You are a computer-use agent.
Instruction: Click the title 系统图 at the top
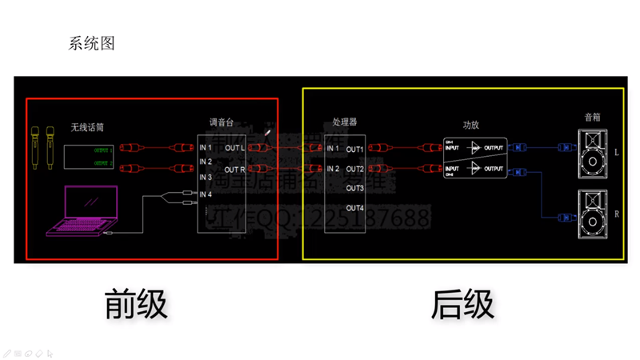(92, 43)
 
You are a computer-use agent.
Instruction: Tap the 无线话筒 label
(87, 126)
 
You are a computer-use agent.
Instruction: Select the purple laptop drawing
(82, 210)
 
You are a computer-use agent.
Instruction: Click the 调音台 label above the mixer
(220, 122)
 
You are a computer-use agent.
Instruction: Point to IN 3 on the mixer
(206, 177)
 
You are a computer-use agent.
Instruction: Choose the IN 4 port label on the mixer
(206, 194)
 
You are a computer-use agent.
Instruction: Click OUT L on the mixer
(235, 148)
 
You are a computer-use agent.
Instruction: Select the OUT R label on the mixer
(235, 170)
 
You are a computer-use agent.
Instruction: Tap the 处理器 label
(344, 122)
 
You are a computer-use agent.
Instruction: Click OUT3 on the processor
(355, 188)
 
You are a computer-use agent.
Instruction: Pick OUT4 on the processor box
(355, 208)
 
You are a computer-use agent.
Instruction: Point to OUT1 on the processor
(355, 149)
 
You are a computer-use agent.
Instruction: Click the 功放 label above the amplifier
(471, 126)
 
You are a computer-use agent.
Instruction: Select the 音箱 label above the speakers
(592, 117)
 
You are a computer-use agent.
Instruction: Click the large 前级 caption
(136, 304)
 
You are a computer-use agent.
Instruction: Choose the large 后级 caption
(462, 304)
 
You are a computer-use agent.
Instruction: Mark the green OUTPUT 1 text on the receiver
(103, 150)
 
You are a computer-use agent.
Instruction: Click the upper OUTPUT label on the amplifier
(495, 147)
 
